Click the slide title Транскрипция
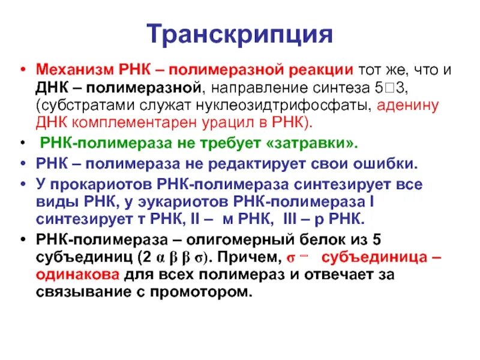coord(239,33)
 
